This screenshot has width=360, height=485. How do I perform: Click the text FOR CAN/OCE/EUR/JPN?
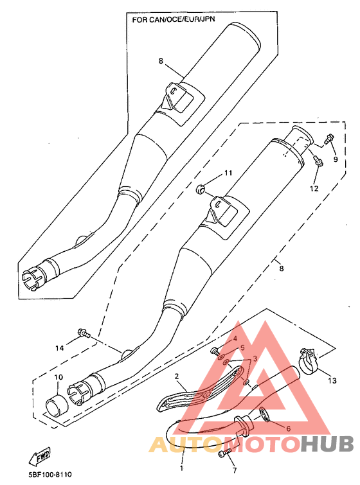(x=174, y=19)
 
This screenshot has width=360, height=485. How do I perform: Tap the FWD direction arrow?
(x=40, y=456)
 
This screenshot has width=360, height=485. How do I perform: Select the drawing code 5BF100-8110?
(x=46, y=475)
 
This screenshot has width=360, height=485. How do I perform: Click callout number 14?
(x=59, y=348)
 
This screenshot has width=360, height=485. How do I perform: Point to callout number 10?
(x=59, y=377)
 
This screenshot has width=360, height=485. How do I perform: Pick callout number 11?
(x=228, y=173)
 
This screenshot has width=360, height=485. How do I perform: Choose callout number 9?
(x=336, y=159)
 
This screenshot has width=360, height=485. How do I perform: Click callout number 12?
(x=314, y=188)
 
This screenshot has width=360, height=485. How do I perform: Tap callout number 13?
(x=332, y=380)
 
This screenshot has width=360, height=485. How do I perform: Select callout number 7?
(x=235, y=470)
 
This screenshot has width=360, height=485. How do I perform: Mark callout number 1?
(x=181, y=468)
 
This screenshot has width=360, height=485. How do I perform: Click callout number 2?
(x=176, y=376)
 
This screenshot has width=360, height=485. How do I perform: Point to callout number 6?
(x=289, y=428)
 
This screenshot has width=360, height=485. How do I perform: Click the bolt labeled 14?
(x=84, y=333)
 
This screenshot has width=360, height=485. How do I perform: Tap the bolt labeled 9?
(x=328, y=138)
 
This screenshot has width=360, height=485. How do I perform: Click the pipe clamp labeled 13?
(x=308, y=361)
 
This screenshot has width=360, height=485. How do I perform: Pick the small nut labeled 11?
(x=201, y=188)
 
